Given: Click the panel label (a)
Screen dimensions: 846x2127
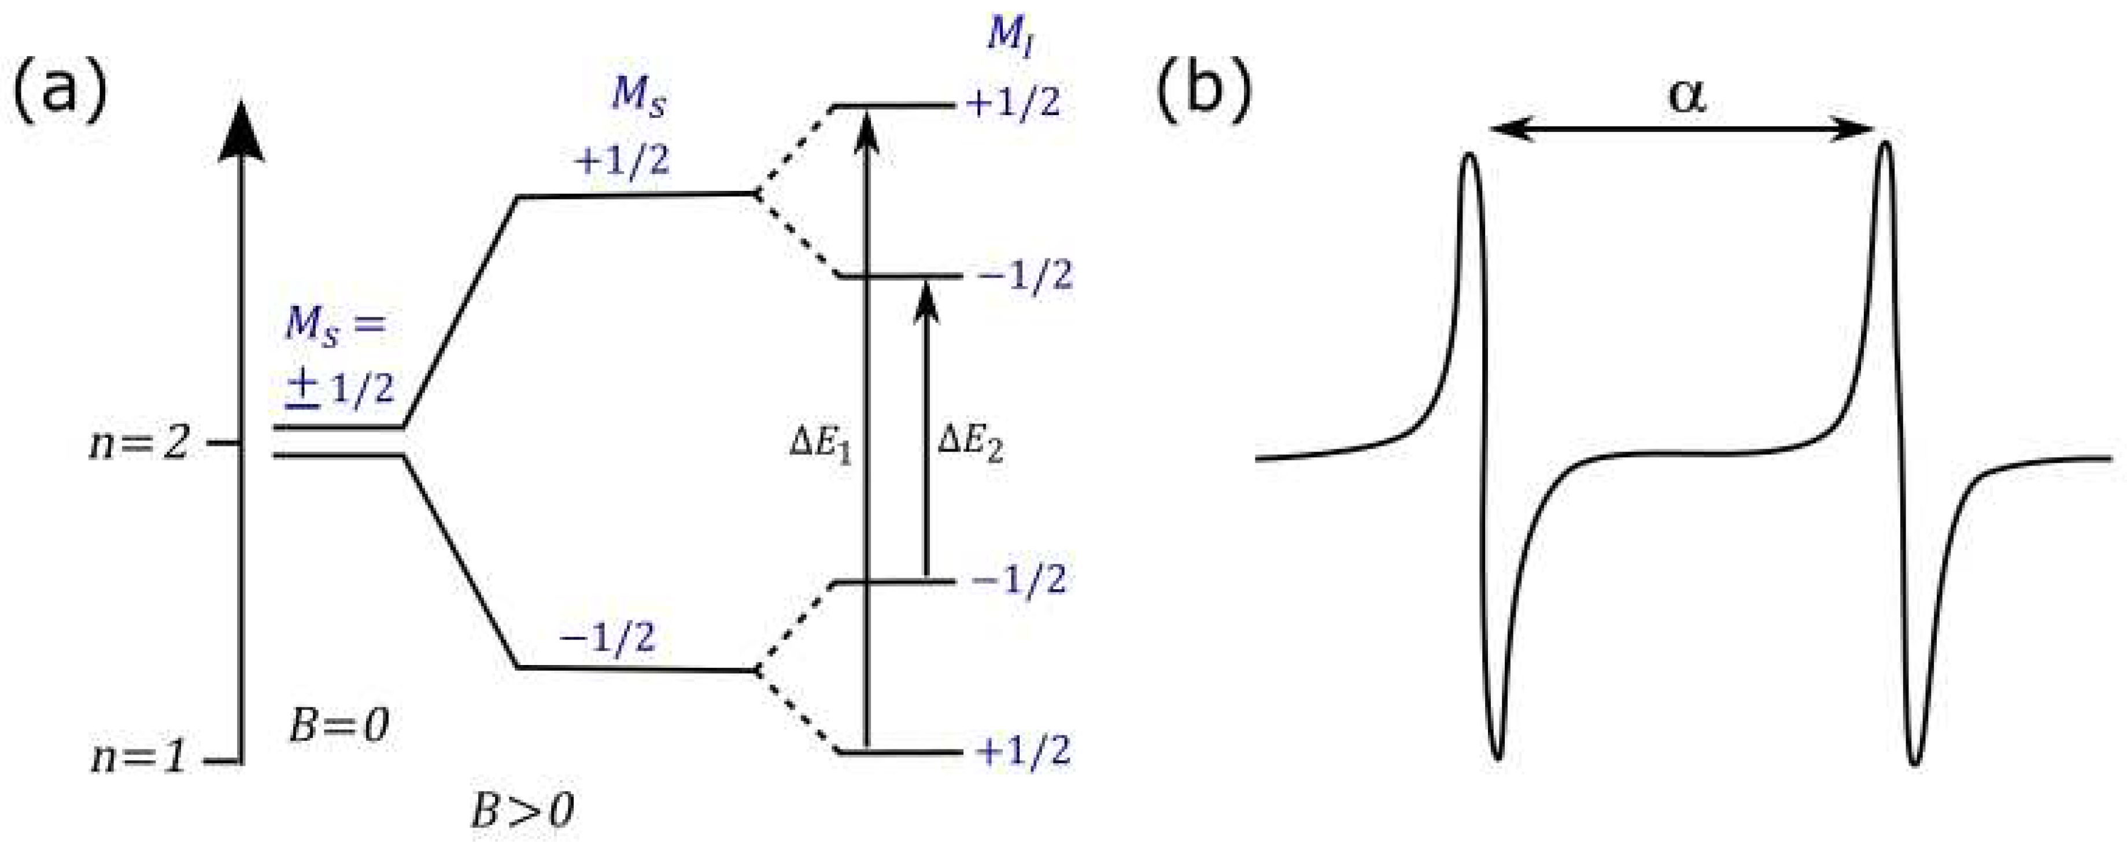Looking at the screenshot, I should coord(60,91).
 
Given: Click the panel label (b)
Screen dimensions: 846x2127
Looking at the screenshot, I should coord(1203,91).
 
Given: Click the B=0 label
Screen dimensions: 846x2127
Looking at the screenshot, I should coord(338,727).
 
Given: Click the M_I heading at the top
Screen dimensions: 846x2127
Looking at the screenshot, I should coord(1011,37).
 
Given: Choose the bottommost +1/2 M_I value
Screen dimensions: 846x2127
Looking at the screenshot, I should coord(1023,752).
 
